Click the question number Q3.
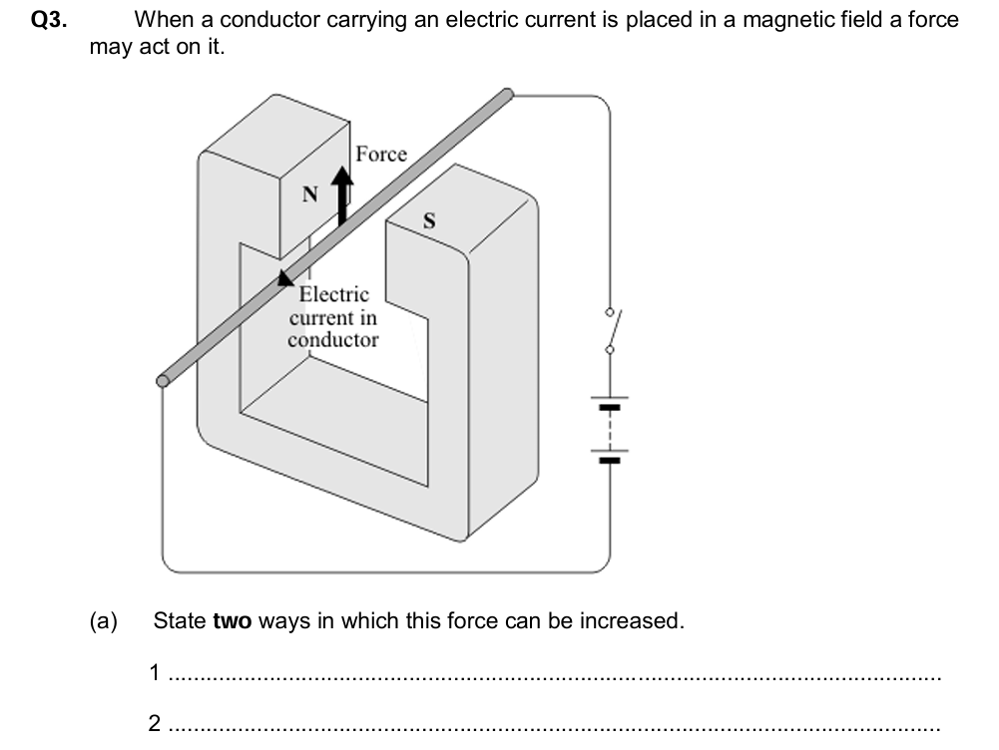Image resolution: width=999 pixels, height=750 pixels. coord(49,20)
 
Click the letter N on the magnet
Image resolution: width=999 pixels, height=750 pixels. coord(310,195)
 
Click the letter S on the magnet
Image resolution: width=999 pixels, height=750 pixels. coord(429,221)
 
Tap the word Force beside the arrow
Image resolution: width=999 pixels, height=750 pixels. coord(381,154)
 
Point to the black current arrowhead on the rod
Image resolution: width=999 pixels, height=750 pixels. coord(286,279)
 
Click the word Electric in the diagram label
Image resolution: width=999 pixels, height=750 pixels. coord(334,295)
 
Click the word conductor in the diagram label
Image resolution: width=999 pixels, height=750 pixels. coord(333,340)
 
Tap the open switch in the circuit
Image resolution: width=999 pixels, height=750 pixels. coord(611,329)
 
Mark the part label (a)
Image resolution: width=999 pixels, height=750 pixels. coord(104,621)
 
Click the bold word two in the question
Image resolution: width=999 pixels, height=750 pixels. coord(234,621)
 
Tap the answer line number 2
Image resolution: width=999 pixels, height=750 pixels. coord(155,723)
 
